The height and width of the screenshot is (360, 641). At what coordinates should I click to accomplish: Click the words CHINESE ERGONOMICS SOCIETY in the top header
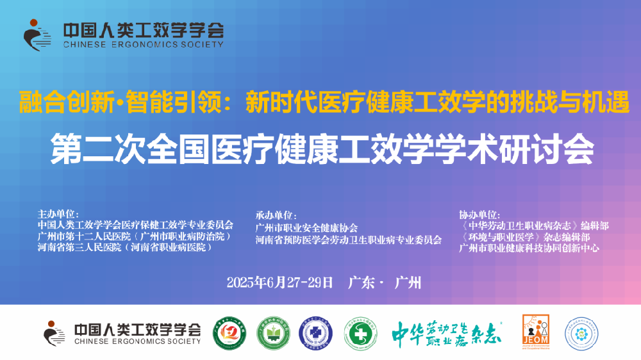(143, 45)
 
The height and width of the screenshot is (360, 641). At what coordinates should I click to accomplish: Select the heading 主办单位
(58, 214)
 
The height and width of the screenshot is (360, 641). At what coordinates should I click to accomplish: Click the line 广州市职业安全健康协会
(306, 227)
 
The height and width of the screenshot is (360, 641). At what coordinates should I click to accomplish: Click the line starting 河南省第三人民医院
(124, 247)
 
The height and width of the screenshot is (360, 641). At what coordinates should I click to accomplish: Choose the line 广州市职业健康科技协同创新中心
(529, 248)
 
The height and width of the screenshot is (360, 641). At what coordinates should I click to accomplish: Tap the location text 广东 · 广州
(385, 282)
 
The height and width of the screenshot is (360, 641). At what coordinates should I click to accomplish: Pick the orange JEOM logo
(535, 332)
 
